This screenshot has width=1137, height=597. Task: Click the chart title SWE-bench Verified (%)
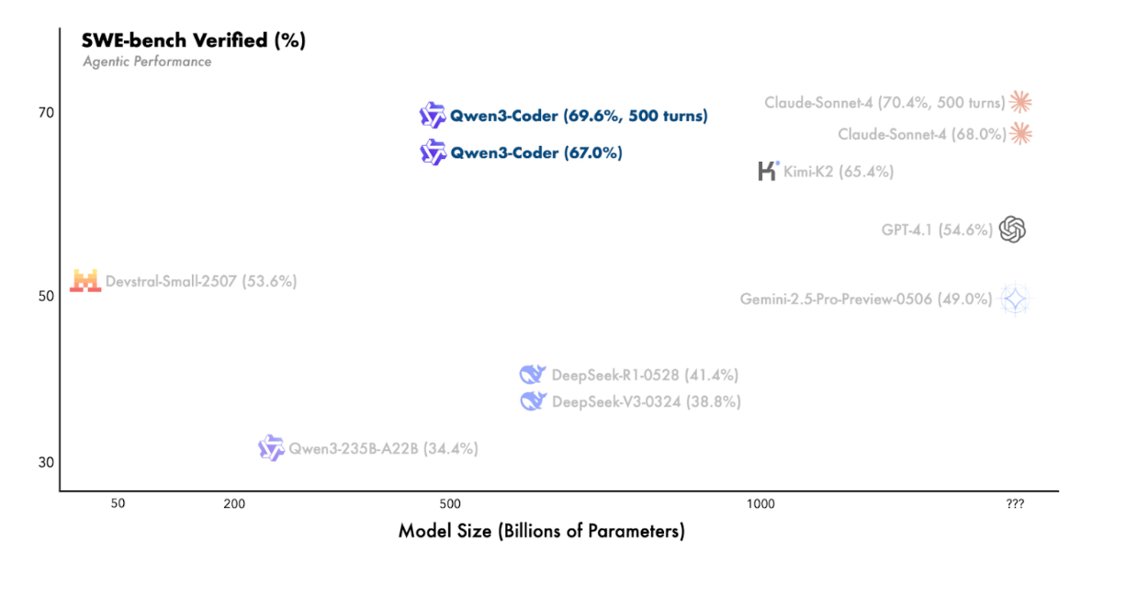click(x=194, y=40)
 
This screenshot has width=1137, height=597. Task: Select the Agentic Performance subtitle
click(x=147, y=62)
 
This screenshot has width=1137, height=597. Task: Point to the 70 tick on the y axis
click(x=46, y=113)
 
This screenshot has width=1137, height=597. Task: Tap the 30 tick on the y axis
click(x=46, y=463)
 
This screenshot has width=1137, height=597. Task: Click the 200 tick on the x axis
click(x=234, y=504)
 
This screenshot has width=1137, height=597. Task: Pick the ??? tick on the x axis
click(x=1015, y=504)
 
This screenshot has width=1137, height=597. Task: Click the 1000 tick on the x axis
click(x=760, y=504)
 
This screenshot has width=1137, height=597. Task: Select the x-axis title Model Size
click(x=542, y=532)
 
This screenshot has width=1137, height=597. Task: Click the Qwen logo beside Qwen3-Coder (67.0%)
click(x=433, y=152)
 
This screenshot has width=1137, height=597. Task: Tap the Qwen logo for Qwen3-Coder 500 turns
click(x=433, y=115)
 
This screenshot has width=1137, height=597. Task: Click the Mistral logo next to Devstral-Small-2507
click(x=85, y=281)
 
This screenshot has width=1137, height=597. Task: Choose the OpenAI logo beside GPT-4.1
click(x=1013, y=230)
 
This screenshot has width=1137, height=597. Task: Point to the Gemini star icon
click(x=1015, y=299)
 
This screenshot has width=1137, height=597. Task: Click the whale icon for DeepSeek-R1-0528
click(x=533, y=375)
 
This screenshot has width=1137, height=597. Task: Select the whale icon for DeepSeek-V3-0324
click(x=534, y=401)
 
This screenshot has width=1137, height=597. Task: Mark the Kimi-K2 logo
click(x=768, y=171)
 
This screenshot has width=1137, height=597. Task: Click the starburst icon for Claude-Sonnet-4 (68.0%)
click(x=1020, y=133)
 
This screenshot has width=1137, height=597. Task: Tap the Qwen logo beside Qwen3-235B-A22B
click(x=271, y=448)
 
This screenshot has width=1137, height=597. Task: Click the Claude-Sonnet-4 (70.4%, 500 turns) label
click(x=884, y=103)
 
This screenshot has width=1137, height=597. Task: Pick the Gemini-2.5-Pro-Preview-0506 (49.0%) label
click(x=866, y=299)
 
